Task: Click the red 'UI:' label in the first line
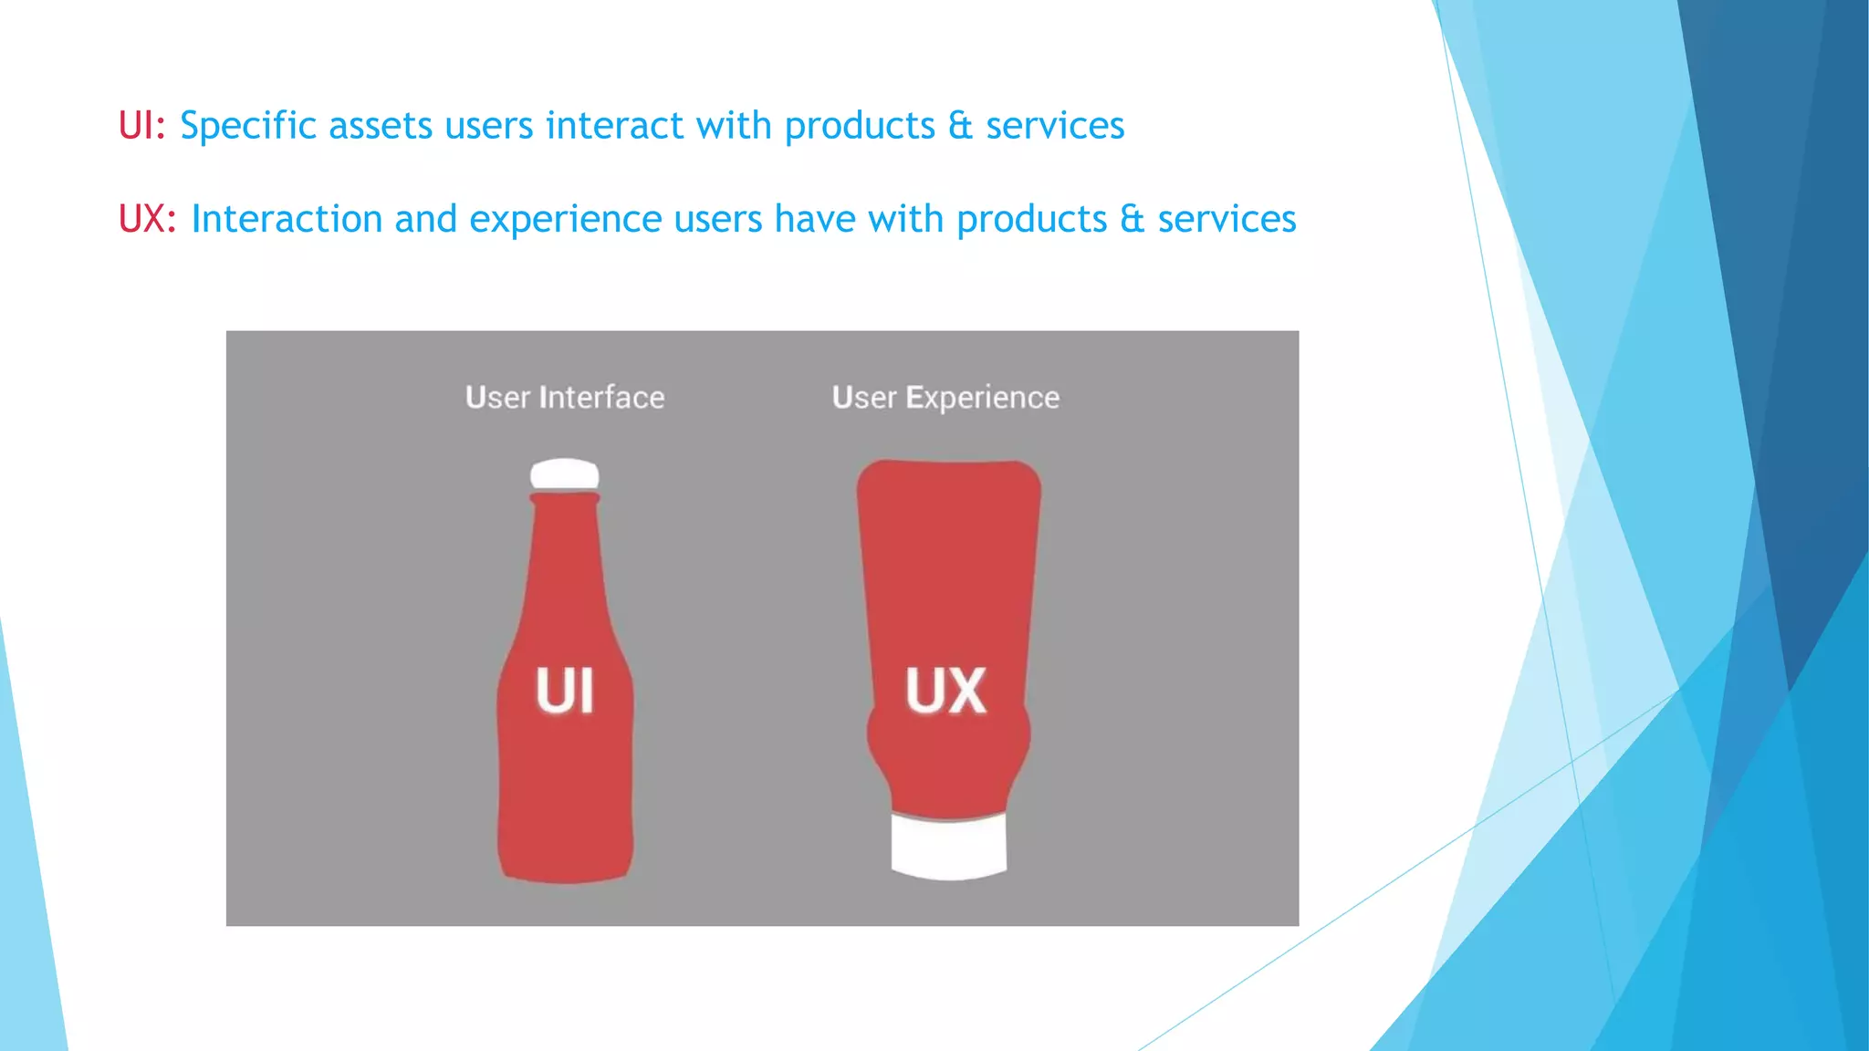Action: [x=141, y=126]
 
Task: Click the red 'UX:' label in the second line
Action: [x=147, y=219]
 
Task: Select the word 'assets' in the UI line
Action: [x=381, y=126]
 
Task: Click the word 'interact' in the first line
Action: [x=614, y=126]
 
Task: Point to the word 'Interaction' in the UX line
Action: [x=287, y=219]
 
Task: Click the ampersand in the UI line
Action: [x=960, y=126]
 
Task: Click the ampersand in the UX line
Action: [x=1132, y=219]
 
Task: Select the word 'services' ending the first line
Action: [x=1055, y=126]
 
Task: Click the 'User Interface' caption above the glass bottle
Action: [x=565, y=398]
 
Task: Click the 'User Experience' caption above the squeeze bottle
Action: [x=945, y=398]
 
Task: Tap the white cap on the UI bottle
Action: [x=565, y=474]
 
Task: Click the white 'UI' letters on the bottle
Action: [x=565, y=691]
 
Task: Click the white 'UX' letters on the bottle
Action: [x=945, y=691]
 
